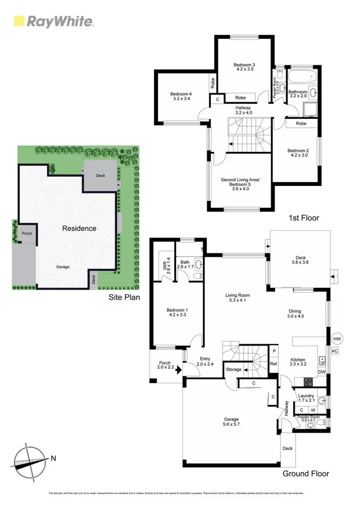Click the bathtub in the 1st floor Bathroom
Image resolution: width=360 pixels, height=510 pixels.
point(301,76)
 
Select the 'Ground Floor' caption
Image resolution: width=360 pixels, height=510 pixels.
point(306,473)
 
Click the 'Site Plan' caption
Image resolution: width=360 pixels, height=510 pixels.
point(123,297)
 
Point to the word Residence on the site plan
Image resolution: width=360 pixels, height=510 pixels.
point(79,228)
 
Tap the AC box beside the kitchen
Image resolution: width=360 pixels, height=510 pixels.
point(335,351)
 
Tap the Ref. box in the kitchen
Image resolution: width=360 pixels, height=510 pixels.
point(274,364)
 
